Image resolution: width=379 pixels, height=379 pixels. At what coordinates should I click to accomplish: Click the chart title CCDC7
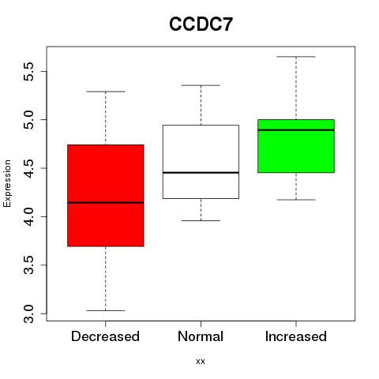[201, 24]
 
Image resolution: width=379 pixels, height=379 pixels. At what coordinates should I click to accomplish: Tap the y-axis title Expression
[7, 183]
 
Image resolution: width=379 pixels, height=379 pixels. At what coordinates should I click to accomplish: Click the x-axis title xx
[201, 361]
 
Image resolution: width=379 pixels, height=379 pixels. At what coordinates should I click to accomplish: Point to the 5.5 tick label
[28, 71]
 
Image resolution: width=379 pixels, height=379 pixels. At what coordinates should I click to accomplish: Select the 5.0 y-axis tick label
[28, 120]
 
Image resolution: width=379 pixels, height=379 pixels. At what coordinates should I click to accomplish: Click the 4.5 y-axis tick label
[28, 168]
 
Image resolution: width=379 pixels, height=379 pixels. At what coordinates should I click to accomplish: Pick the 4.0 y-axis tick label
[28, 216]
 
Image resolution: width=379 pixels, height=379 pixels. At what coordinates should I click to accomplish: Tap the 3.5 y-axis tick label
[28, 265]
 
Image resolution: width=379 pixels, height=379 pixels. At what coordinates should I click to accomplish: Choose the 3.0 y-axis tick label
[28, 313]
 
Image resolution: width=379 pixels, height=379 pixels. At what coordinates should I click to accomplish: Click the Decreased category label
[105, 336]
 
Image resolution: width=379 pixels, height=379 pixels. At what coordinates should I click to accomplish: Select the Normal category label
[201, 336]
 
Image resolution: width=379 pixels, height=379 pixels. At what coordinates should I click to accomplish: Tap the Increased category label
[296, 336]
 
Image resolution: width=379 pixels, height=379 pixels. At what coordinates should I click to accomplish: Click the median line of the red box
[106, 203]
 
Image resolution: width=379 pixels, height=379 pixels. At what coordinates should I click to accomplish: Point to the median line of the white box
[201, 173]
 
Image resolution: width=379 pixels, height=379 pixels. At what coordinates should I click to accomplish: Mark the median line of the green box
[296, 130]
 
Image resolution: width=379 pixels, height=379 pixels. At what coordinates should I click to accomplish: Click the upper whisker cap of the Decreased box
[106, 92]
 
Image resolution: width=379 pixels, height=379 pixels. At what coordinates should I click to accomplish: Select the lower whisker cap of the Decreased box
[106, 310]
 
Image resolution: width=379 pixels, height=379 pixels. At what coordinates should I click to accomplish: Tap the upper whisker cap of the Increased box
[296, 57]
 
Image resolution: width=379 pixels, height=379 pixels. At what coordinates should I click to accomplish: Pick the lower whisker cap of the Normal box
[201, 220]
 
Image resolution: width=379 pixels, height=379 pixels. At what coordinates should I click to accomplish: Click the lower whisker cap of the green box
[296, 200]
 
